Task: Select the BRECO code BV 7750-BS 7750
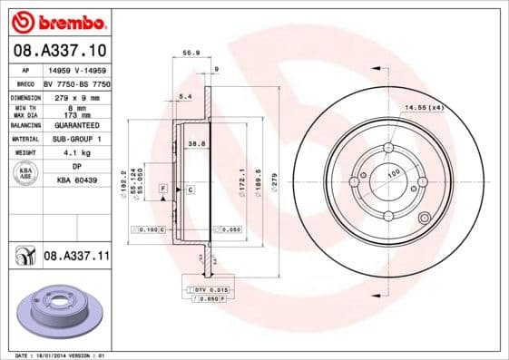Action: pos(77,83)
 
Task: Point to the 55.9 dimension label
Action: pos(191,53)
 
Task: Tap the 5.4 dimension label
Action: pos(185,95)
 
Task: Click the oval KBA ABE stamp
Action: pos(26,173)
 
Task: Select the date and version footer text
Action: pos(56,355)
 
